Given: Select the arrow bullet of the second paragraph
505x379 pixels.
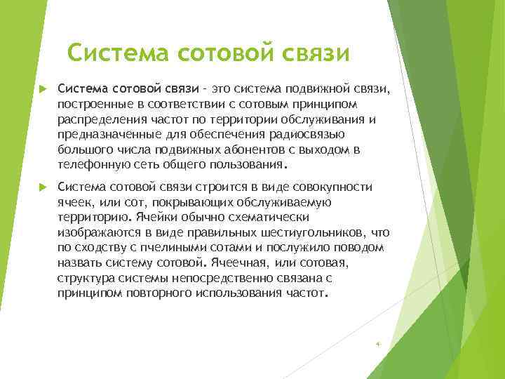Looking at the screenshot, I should click(41, 187).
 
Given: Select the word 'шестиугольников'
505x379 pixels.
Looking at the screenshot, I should click(309, 232).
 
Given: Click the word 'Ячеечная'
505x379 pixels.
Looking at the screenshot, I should click(239, 263).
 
